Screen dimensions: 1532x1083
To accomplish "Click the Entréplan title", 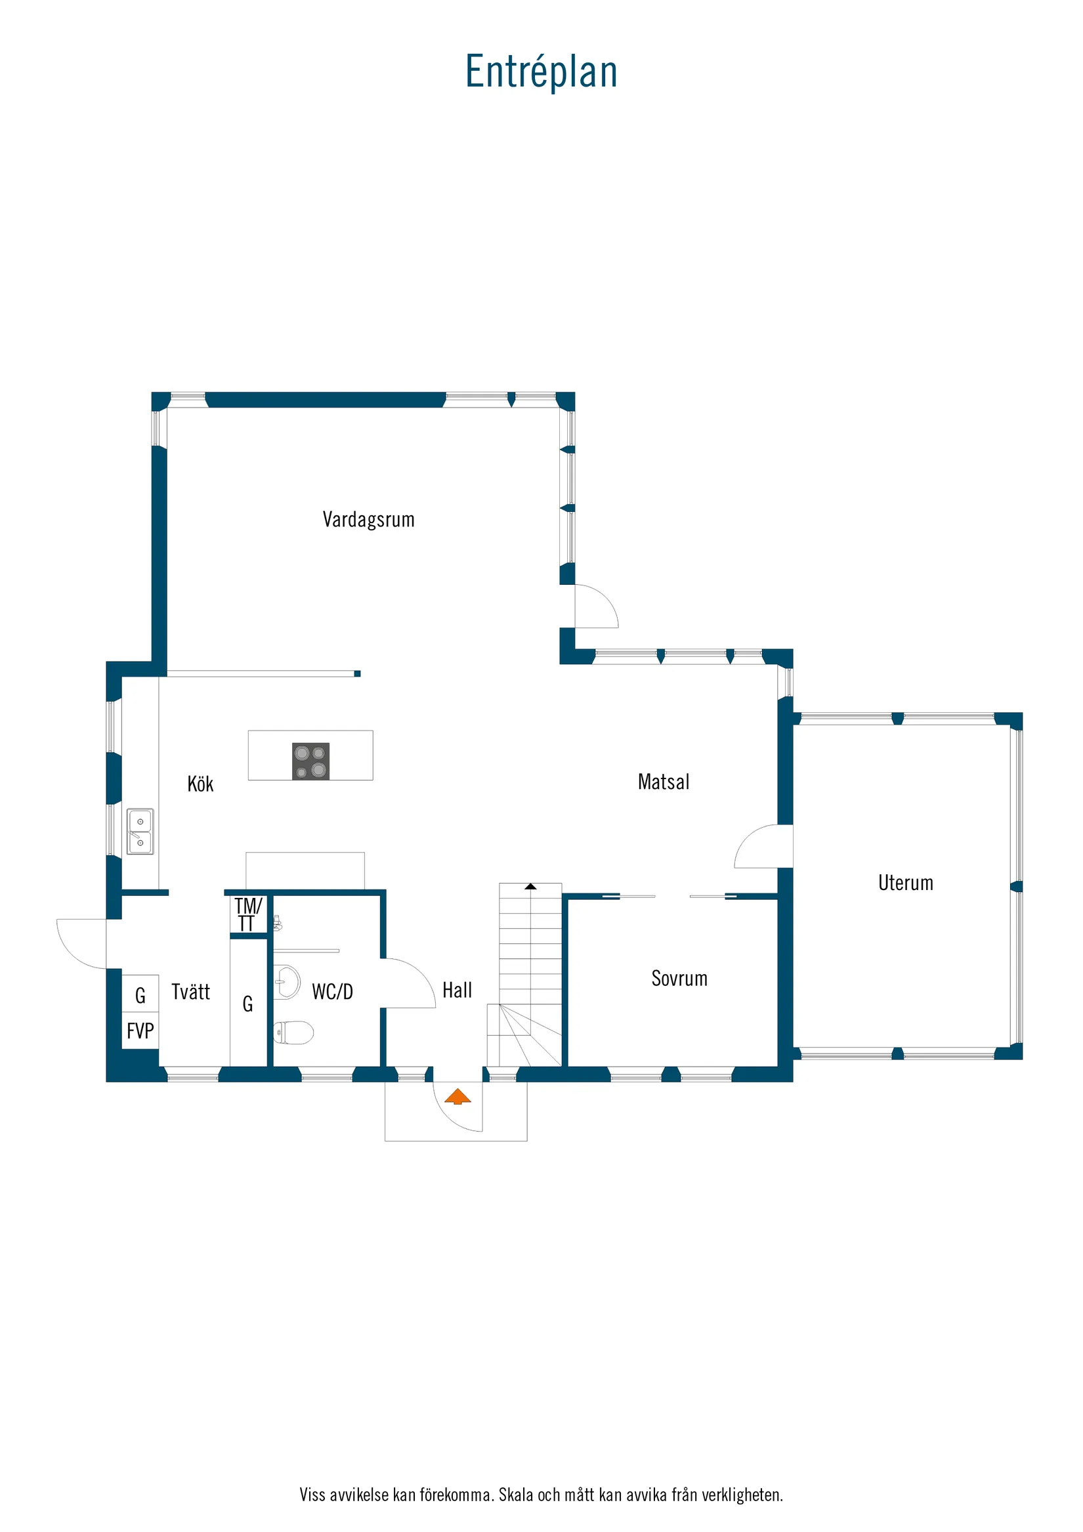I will click(541, 72).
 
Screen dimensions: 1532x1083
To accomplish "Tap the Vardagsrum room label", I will click(368, 519).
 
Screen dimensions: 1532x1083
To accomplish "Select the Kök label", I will click(200, 784).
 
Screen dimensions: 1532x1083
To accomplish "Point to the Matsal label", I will click(664, 781).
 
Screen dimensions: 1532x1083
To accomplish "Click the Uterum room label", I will click(906, 883).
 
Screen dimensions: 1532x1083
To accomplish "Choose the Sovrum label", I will click(679, 978).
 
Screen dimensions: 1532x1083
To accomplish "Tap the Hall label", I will click(457, 990).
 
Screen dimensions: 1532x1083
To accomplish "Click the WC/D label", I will click(332, 992).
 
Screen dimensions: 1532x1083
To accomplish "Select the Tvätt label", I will click(190, 992).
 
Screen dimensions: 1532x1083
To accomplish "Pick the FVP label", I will click(140, 1031).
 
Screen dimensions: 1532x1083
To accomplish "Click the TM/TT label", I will click(247, 914).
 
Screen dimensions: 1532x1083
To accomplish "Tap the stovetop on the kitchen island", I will click(310, 761).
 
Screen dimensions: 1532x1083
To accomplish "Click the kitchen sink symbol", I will click(140, 832).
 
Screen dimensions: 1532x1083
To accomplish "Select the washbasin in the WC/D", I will click(287, 982).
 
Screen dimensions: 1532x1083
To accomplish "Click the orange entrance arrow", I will click(457, 1096).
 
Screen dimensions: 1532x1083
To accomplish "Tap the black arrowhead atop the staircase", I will click(530, 886).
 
